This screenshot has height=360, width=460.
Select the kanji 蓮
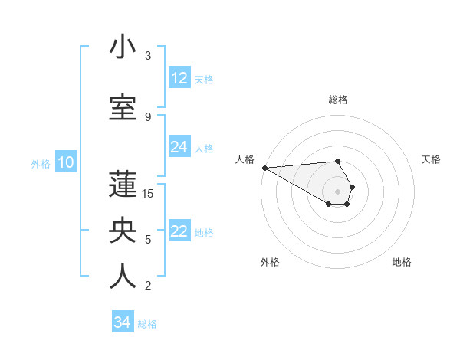pos(123,185)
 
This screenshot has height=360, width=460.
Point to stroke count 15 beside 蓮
pos(148,194)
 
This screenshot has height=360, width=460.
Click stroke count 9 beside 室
pos(148,116)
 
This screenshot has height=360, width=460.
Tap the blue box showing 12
pos(179,78)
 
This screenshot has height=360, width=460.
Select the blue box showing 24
pos(179,147)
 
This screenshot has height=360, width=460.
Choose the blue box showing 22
pos(179,231)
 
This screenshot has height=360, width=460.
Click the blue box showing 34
pos(123,322)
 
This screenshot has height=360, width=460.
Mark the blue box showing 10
pos(65,162)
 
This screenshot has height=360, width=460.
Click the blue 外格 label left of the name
pos(40,163)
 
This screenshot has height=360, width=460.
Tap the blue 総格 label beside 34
pos(147,324)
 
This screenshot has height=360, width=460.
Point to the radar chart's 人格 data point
pos(264,167)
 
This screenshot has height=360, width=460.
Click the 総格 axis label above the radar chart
pos(338,100)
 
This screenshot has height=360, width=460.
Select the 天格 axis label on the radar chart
pos(431,159)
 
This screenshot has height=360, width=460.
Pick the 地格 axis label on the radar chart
pos(402,262)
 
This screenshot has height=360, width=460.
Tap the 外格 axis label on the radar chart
pos(270,262)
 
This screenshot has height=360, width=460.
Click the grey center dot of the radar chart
pos(337,191)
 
